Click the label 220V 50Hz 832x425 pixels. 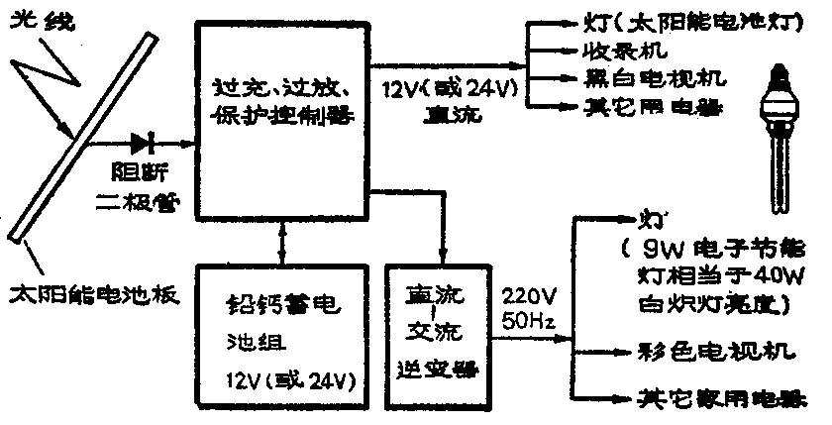click(x=532, y=307)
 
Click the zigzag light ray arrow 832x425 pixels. click(x=54, y=79)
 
